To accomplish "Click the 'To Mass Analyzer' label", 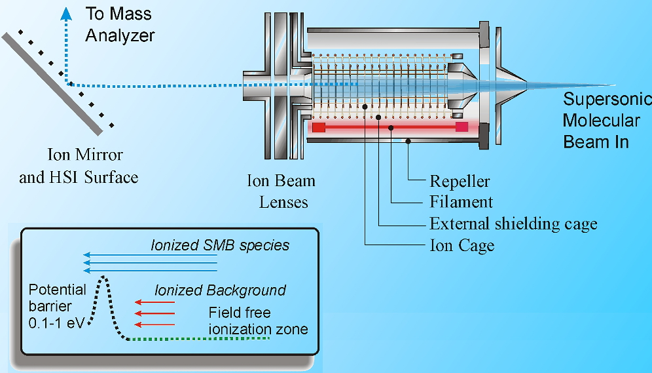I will [120, 24].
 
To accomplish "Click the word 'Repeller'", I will [460, 181].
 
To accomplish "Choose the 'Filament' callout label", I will [461, 202].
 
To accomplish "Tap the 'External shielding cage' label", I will [513, 224].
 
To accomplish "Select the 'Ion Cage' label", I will [462, 245].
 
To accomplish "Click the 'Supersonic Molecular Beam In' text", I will [606, 120].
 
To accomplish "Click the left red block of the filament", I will [319, 127].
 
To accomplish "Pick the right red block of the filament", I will [462, 127].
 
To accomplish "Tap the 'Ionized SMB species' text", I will [220, 245].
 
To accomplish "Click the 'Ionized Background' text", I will [221, 290].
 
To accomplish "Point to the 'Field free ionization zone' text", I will [258, 321].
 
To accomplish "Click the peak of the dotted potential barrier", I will [102, 278].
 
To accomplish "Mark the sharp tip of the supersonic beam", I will [613, 85].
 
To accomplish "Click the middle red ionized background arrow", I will [154, 313].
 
